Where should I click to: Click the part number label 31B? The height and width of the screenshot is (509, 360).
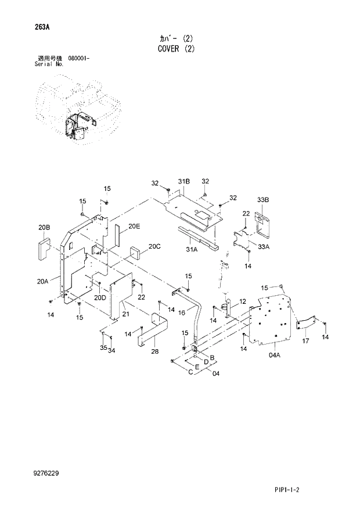(183, 182)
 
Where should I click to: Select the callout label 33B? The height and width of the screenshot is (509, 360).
(263, 200)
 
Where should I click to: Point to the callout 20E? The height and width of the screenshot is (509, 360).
(134, 226)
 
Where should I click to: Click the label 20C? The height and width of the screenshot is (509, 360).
(154, 246)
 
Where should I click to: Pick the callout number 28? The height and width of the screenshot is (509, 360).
(154, 352)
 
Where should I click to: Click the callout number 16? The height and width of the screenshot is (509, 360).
(181, 313)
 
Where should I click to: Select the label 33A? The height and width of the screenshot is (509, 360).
(264, 247)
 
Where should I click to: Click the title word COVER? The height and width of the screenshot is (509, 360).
(169, 49)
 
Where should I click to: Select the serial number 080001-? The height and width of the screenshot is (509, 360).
(78, 59)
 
